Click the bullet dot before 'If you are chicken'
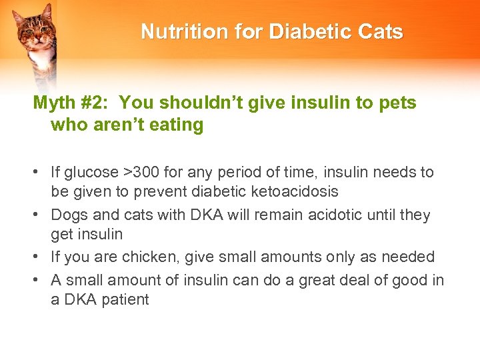[x=41, y=257]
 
